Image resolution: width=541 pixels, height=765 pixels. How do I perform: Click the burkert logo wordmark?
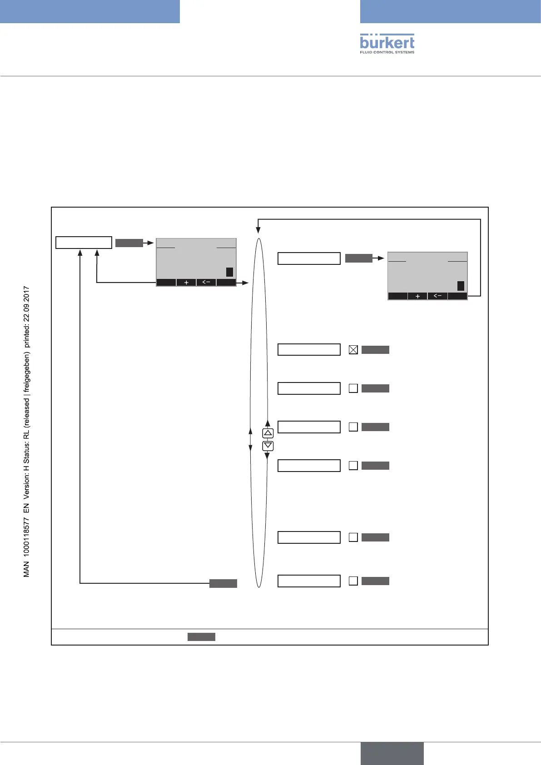coord(387,42)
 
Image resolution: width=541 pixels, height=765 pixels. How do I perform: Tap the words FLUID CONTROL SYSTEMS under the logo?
coord(387,52)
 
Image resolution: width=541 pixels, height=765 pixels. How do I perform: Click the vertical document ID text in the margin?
coord(26,431)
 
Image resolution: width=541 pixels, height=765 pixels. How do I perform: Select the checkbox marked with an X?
coord(353,350)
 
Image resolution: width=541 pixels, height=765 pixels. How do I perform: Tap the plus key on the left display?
coord(186,283)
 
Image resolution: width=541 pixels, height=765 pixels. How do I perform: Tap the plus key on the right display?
coord(418,296)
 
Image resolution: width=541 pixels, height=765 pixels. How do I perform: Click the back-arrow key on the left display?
coord(206,283)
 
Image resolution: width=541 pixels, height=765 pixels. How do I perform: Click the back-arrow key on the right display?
coord(437,296)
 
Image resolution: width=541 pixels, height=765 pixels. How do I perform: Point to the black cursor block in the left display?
coord(229,272)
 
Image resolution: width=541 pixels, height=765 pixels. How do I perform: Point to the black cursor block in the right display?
coord(461,286)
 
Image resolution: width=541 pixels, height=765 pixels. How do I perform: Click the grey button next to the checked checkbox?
coord(375,350)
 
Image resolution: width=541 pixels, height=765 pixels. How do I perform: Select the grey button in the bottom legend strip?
coord(201,637)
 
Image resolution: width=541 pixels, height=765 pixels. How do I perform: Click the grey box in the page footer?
coord(392,753)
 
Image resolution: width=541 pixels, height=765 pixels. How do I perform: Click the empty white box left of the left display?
coord(84,243)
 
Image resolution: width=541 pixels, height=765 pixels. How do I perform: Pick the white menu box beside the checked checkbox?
coord(309,350)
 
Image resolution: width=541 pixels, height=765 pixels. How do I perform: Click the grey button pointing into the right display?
coord(358,258)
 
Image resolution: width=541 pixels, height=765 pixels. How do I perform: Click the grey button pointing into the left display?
coord(129,243)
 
